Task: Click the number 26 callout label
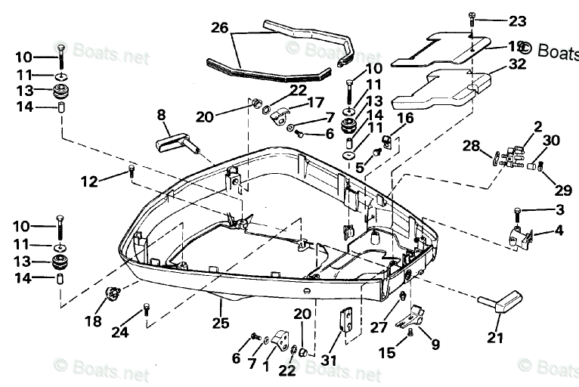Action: tap(218, 28)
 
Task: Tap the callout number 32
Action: tap(517, 64)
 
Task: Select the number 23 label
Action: tap(516, 20)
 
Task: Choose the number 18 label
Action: tap(92, 321)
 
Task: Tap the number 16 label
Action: tap(405, 117)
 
